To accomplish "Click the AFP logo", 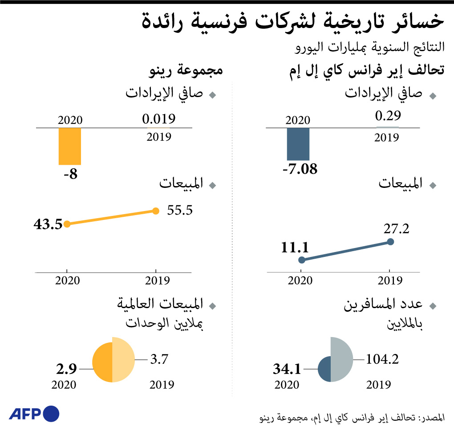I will click(34, 414).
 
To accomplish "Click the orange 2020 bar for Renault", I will click(70, 146).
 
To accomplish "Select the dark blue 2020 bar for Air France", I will click(298, 144).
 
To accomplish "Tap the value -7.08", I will click(300, 169).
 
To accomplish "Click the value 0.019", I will click(159, 119).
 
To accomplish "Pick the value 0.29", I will click(388, 117).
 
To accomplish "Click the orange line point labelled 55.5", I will click(155, 211).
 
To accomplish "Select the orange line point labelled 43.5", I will click(67, 224).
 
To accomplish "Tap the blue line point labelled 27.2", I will click(390, 242).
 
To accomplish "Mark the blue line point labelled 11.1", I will click(301, 260).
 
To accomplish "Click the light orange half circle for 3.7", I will click(123, 360).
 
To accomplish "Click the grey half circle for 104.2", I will click(341, 359).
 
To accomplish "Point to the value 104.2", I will click(381, 359).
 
